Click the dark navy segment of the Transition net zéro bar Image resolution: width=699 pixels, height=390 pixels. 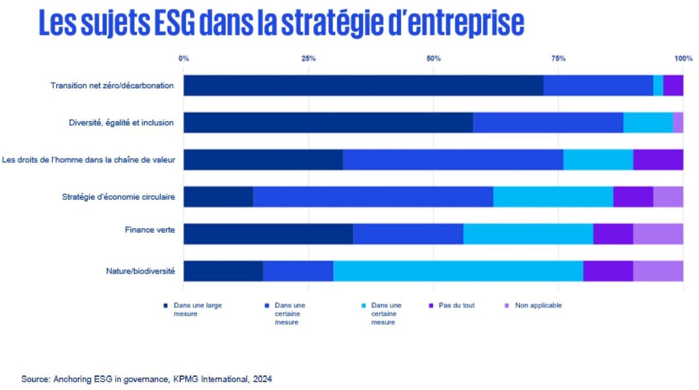coord(363,86)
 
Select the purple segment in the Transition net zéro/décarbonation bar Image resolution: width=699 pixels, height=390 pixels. coord(673,86)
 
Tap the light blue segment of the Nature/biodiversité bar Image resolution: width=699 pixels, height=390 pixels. coord(458,271)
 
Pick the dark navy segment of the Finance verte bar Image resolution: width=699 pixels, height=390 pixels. coord(268,234)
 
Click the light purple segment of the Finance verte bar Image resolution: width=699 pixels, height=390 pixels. coord(658,234)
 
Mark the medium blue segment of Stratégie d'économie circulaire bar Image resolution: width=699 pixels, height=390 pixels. coord(373,197)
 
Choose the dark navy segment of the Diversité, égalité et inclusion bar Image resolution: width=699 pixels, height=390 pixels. coord(328,123)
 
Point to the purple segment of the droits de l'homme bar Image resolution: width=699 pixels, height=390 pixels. coord(658,160)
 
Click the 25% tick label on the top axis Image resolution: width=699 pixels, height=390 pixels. coord(309,58)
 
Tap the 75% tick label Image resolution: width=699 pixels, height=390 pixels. coord(558,58)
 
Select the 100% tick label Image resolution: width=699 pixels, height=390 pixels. coord(683,58)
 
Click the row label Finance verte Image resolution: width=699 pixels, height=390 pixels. coord(150,230)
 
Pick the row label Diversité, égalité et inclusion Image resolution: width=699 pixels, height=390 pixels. coord(121,123)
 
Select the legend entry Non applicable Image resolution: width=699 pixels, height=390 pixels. coord(538,305)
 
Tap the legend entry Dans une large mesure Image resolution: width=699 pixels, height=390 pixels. coord(197,309)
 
